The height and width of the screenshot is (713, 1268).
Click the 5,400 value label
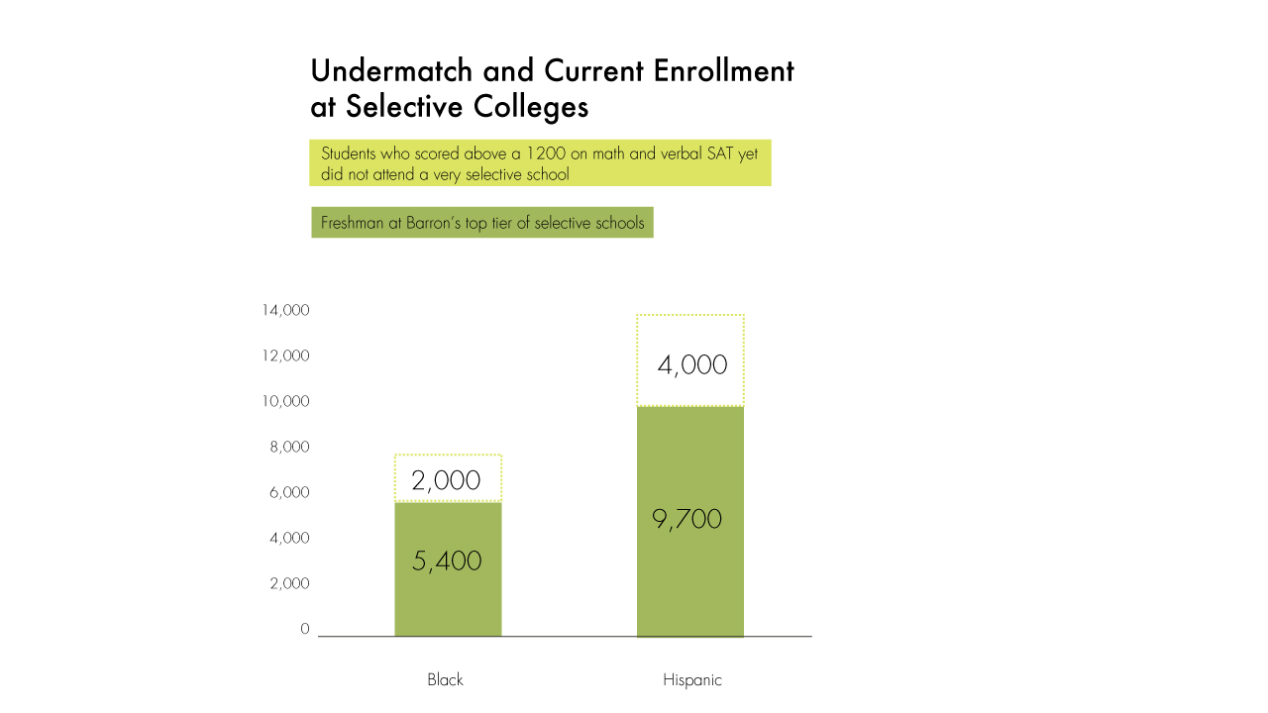[x=447, y=561]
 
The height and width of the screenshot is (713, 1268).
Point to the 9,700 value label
[x=687, y=519]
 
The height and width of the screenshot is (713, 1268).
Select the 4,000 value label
[x=692, y=365]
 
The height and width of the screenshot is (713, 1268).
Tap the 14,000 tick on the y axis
[x=285, y=311]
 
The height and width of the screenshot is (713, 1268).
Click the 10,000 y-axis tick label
[x=285, y=402]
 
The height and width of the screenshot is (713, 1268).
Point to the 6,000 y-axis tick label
[x=289, y=493]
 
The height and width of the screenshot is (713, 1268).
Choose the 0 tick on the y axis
[x=305, y=629]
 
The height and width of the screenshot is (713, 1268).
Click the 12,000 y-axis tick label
[x=285, y=356]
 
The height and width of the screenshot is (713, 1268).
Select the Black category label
[x=445, y=680]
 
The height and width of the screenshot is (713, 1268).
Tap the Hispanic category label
[x=692, y=680]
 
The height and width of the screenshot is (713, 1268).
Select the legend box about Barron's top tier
[x=482, y=223]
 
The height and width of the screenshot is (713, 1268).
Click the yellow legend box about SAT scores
[x=540, y=163]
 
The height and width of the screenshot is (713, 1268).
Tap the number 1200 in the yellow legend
[x=546, y=153]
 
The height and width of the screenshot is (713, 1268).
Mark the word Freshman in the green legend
[x=353, y=223]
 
